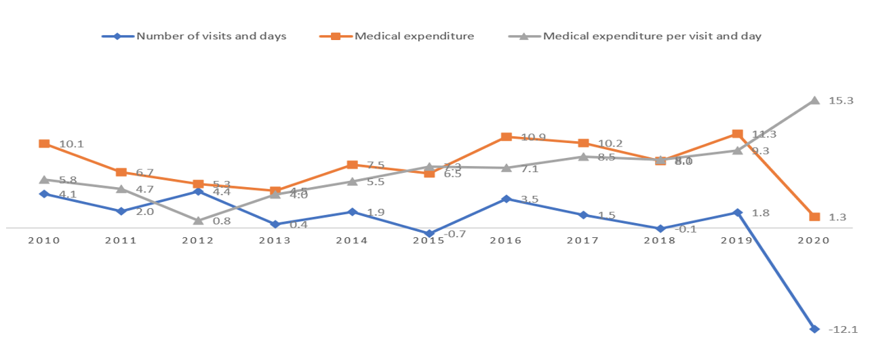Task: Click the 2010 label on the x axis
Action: coord(44,241)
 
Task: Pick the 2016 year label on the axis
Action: coord(506,241)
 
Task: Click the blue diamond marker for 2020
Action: coord(814,329)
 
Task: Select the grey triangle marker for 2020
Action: coord(814,100)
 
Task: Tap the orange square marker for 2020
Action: coord(814,217)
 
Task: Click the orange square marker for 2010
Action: coord(44,144)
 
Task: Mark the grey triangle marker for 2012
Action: coord(198,220)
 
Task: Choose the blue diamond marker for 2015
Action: coord(429,234)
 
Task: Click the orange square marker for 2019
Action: coord(737,134)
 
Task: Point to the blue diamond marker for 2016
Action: coord(506,199)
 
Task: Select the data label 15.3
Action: coord(841,100)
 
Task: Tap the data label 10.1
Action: coord(71,144)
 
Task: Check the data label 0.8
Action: coord(222,221)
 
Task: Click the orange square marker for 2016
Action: coord(506,137)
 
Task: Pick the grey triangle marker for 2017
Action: coord(583,157)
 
